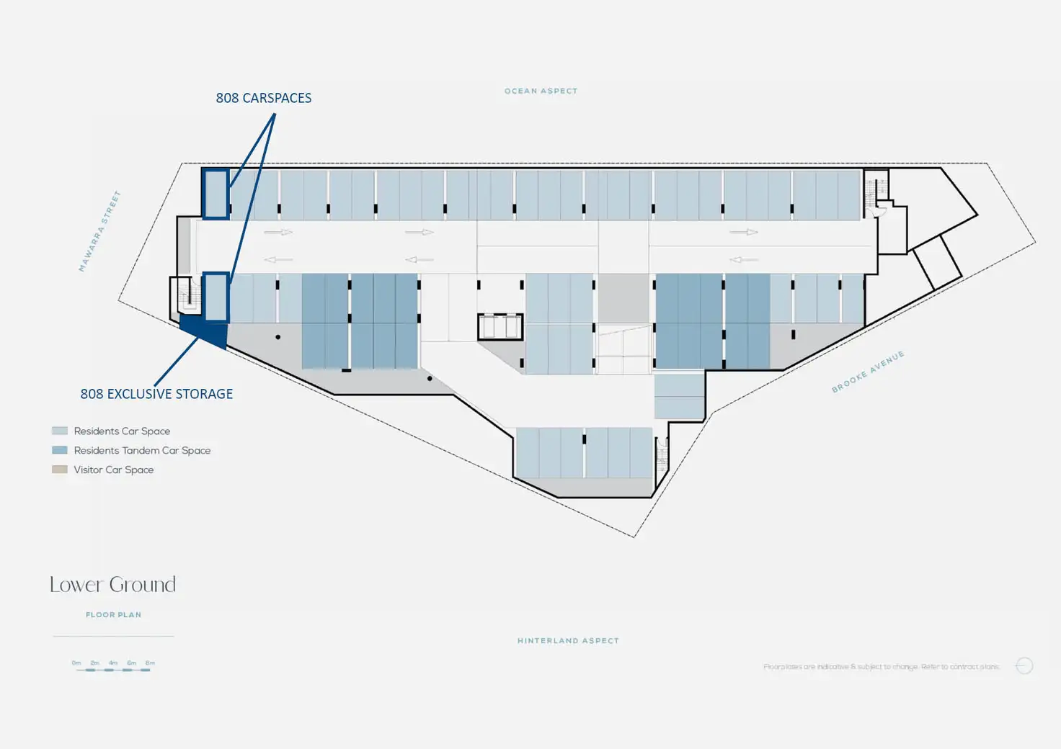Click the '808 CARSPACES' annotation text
click(264, 98)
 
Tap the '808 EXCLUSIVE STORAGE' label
click(156, 394)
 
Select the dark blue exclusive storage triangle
click(208, 332)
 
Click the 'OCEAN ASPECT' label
click(541, 91)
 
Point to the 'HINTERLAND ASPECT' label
click(568, 640)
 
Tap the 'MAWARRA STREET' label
click(99, 231)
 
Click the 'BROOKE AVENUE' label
click(868, 372)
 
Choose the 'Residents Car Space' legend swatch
click(60, 431)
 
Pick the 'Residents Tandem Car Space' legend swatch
click(60, 450)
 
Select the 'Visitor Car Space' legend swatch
click(60, 470)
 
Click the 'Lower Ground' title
click(112, 584)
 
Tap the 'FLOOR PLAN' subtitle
click(113, 615)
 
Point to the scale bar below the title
click(113, 669)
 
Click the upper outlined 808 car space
click(216, 194)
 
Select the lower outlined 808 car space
click(216, 297)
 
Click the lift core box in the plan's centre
click(500, 326)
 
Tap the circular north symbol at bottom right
click(1024, 665)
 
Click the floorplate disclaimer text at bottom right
click(882, 667)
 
